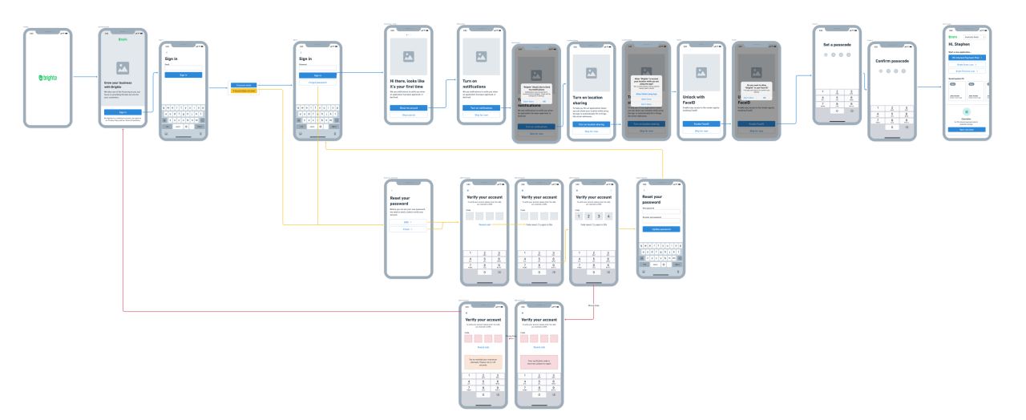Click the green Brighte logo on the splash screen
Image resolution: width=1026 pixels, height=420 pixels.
point(47,78)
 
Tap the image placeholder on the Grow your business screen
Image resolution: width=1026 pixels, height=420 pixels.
point(123,69)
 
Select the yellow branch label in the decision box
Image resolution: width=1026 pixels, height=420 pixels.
point(244,91)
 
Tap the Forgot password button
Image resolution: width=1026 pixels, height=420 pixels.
point(317,83)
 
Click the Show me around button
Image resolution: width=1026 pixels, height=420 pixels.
point(409,107)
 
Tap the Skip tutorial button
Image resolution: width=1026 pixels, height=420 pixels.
point(409,115)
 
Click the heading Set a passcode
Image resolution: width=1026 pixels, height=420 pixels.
point(838,44)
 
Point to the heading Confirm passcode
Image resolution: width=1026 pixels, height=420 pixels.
point(892,60)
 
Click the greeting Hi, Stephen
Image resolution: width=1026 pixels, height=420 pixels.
point(959,44)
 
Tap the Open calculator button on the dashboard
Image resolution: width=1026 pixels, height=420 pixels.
point(966,129)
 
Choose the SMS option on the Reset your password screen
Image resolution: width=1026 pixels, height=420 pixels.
point(407,221)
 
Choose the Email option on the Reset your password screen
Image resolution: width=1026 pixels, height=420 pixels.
point(407,229)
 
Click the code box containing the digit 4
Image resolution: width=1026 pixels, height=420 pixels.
point(609,216)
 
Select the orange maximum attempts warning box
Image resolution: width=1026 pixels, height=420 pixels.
point(483,362)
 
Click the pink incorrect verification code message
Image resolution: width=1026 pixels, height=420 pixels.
point(539,362)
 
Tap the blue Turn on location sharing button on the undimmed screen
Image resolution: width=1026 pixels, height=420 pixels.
point(592,123)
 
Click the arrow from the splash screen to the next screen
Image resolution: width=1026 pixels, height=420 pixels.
point(85,78)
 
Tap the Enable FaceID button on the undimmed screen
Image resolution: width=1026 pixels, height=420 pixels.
point(701,123)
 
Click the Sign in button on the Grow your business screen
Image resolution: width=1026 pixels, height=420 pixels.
point(123,111)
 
